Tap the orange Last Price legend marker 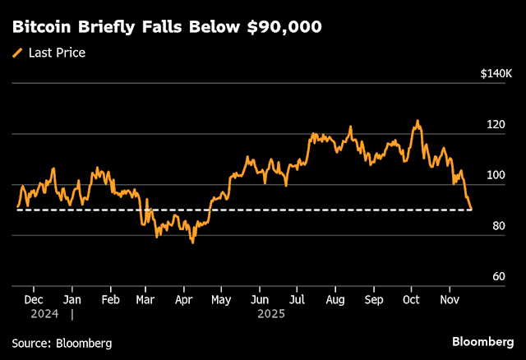pos(17,53)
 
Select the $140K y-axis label pos(496,74)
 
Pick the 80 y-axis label pos(497,226)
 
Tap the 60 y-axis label pos(497,277)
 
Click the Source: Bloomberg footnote pos(62,343)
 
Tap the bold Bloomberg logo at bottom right pos(483,342)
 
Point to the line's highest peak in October pos(418,121)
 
